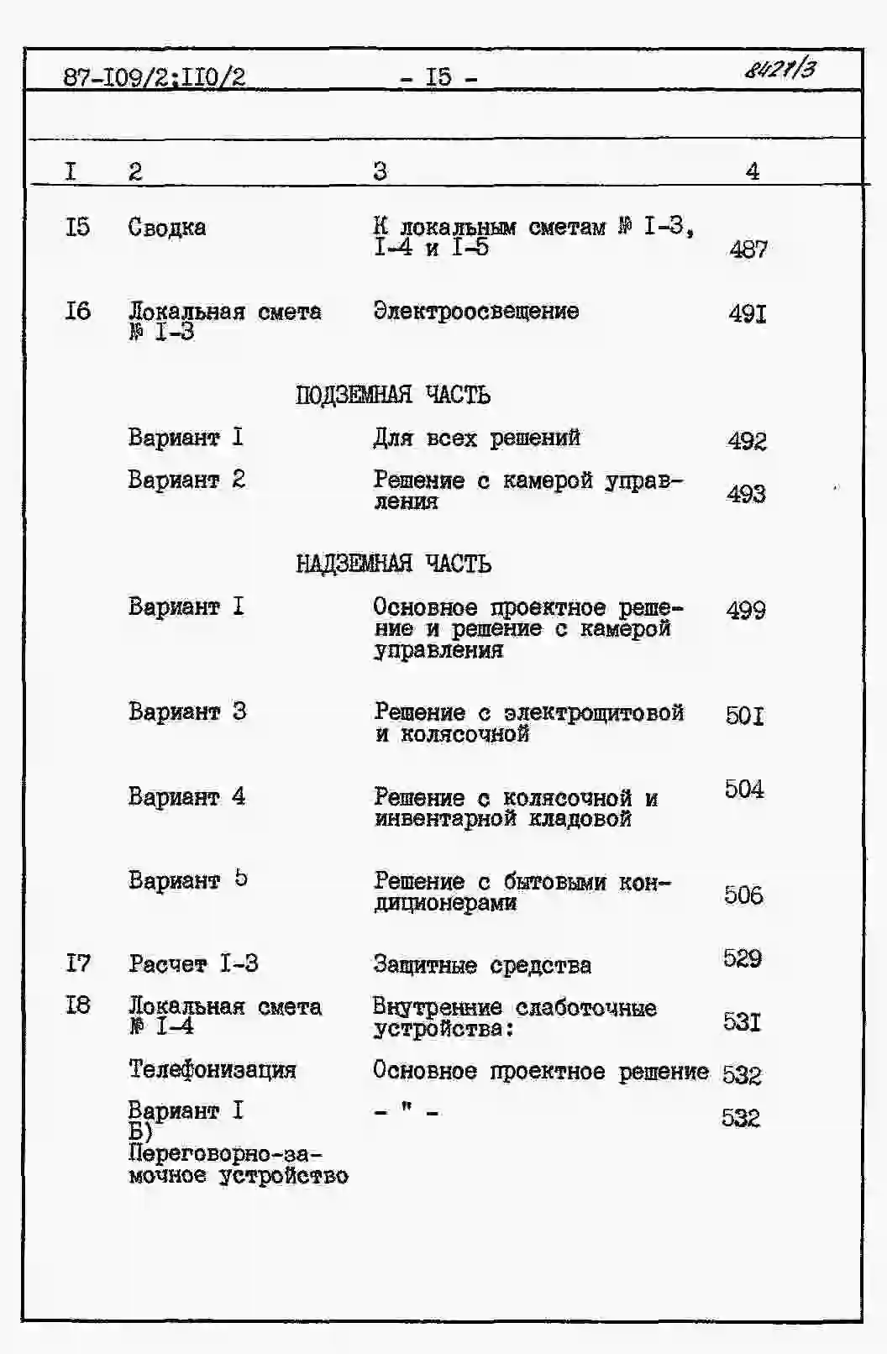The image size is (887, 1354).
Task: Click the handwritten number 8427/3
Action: coord(779,68)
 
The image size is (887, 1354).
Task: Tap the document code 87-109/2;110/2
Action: coord(155,78)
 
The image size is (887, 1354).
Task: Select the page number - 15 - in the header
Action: coord(438,78)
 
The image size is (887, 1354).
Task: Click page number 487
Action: coord(748,249)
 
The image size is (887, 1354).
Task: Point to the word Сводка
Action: coord(166,228)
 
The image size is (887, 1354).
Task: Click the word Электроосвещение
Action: coord(475,311)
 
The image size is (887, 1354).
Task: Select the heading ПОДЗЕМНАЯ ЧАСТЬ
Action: coord(392,395)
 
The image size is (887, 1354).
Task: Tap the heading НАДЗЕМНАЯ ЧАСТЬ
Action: coord(392,564)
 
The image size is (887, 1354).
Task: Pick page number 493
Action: coord(746,493)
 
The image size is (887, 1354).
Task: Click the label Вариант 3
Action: coord(186,711)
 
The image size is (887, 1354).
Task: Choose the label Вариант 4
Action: coord(186,795)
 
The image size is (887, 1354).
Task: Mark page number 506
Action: coord(743,895)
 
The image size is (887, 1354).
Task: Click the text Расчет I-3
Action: coord(193,963)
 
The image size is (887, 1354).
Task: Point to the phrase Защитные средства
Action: coord(481,965)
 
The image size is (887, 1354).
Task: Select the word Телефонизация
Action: coord(212,1069)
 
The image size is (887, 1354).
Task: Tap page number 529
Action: coord(743,958)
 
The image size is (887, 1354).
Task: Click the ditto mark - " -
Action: coord(407,1113)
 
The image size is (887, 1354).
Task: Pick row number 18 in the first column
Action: coord(77,1005)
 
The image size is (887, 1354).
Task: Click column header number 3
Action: coord(381,171)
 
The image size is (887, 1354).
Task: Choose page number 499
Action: coord(746,610)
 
